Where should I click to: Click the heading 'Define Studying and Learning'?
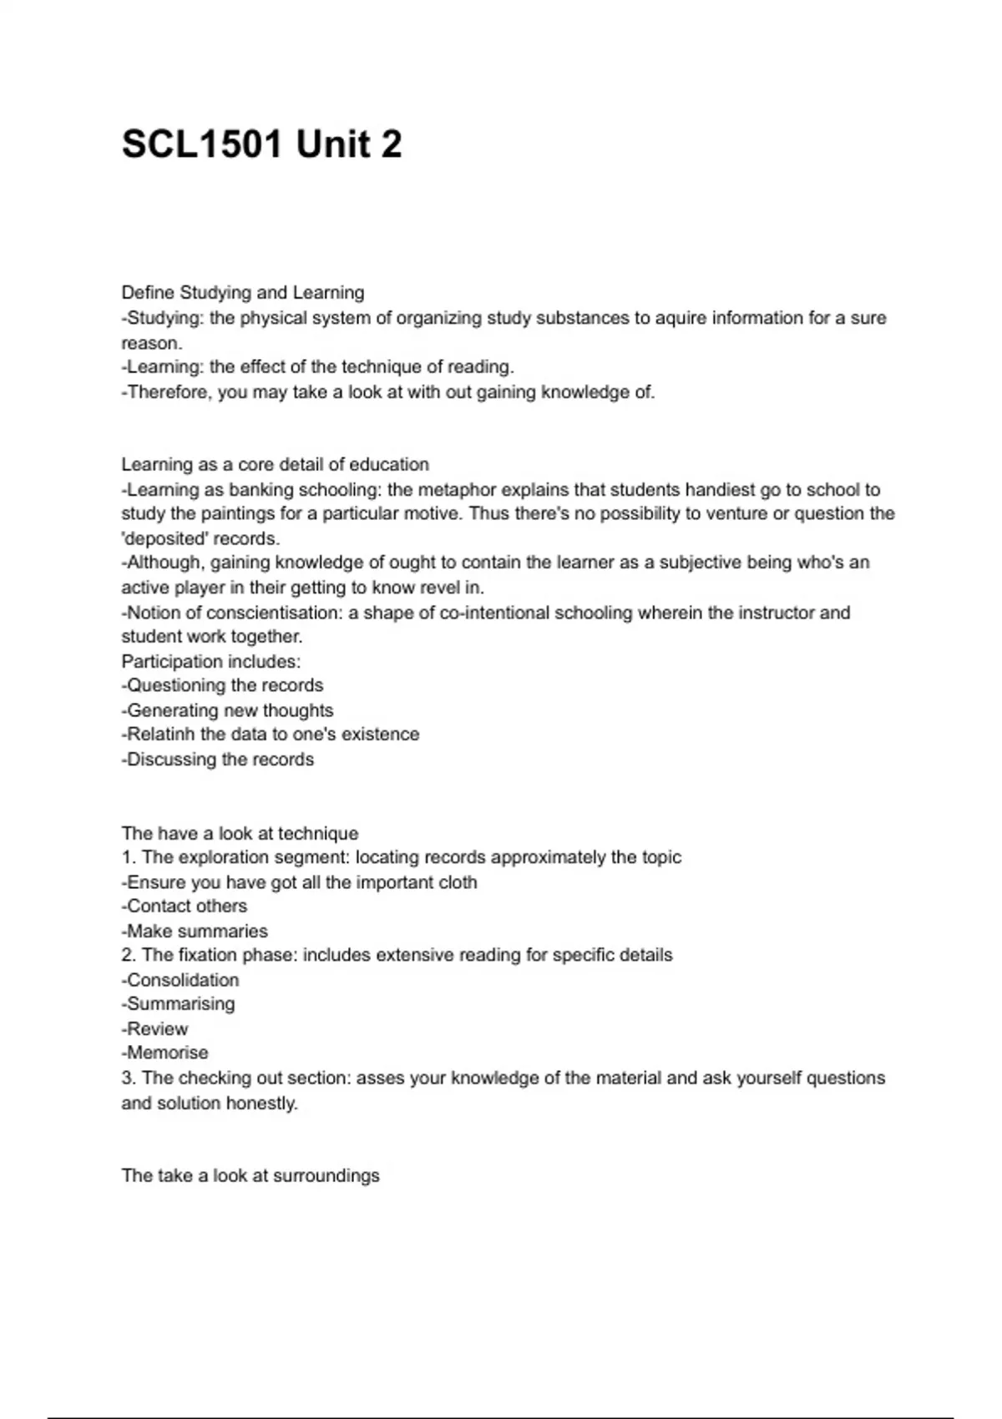click(242, 293)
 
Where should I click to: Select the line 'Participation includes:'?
click(210, 662)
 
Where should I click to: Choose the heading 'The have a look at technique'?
click(240, 833)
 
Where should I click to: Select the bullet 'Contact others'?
click(186, 906)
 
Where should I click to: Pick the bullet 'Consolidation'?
click(182, 980)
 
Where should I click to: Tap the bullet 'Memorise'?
click(167, 1053)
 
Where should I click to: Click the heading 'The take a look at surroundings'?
click(250, 1175)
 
